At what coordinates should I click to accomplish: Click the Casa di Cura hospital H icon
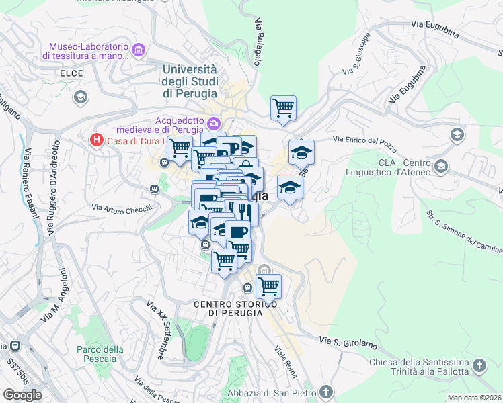pyautogui.click(x=97, y=140)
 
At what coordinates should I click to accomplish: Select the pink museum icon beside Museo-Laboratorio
pyautogui.click(x=139, y=50)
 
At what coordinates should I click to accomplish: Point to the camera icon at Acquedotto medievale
pyautogui.click(x=214, y=122)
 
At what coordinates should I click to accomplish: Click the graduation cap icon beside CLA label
pyautogui.click(x=441, y=165)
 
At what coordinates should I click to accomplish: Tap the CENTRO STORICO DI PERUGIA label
pyautogui.click(x=235, y=308)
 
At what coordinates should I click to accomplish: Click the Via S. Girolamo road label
pyautogui.click(x=348, y=343)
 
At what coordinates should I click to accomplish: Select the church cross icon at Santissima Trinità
pyautogui.click(x=479, y=366)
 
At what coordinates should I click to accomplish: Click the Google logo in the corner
pyautogui.click(x=22, y=394)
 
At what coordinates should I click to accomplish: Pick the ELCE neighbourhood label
pyautogui.click(x=71, y=73)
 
